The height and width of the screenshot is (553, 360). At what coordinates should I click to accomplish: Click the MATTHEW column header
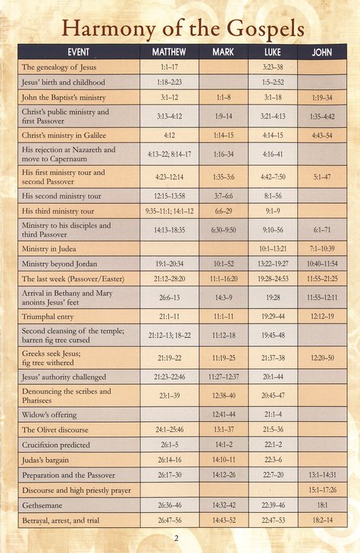point(169,52)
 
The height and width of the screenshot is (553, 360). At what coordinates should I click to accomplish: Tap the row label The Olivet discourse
point(60,430)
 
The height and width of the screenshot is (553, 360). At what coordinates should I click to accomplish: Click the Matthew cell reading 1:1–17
point(169,67)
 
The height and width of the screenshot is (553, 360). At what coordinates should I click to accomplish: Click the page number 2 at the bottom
point(175,539)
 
